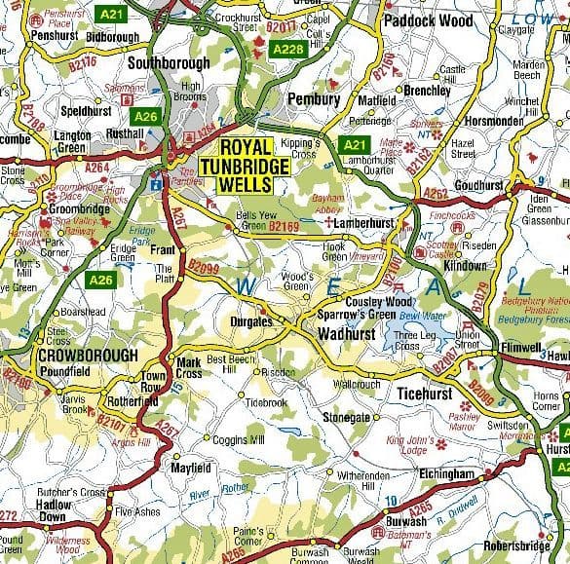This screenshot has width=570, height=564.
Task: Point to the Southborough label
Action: point(169,63)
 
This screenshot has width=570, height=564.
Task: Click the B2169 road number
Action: point(283,227)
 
